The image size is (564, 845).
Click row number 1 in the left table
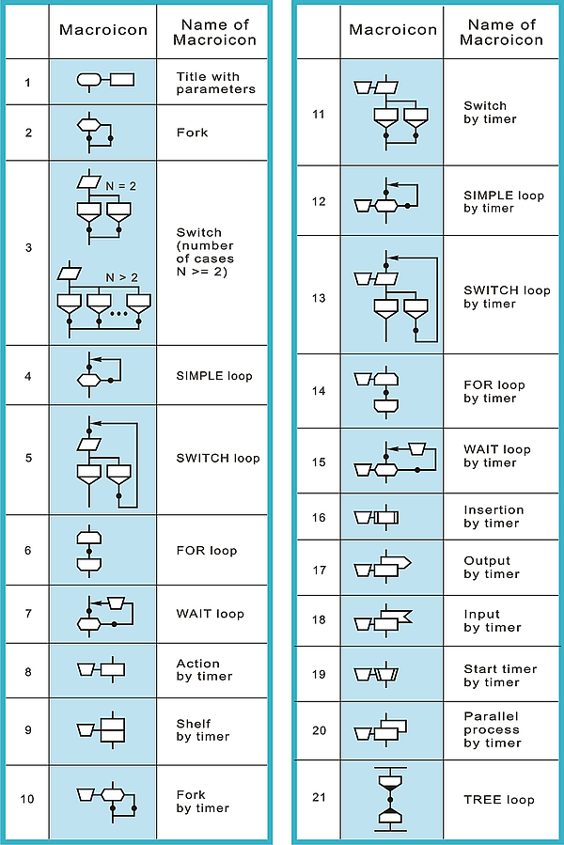(x=28, y=83)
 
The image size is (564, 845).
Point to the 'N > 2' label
(x=121, y=277)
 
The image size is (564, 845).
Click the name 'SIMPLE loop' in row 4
(x=214, y=376)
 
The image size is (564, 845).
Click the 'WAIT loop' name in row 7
(x=210, y=614)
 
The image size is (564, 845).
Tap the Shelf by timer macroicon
(x=102, y=730)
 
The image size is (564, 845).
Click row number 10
(x=28, y=799)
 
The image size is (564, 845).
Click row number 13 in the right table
(x=318, y=298)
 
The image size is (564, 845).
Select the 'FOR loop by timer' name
(x=493, y=392)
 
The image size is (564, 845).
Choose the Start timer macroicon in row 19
(x=376, y=674)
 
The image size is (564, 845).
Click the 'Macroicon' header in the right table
(x=393, y=30)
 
